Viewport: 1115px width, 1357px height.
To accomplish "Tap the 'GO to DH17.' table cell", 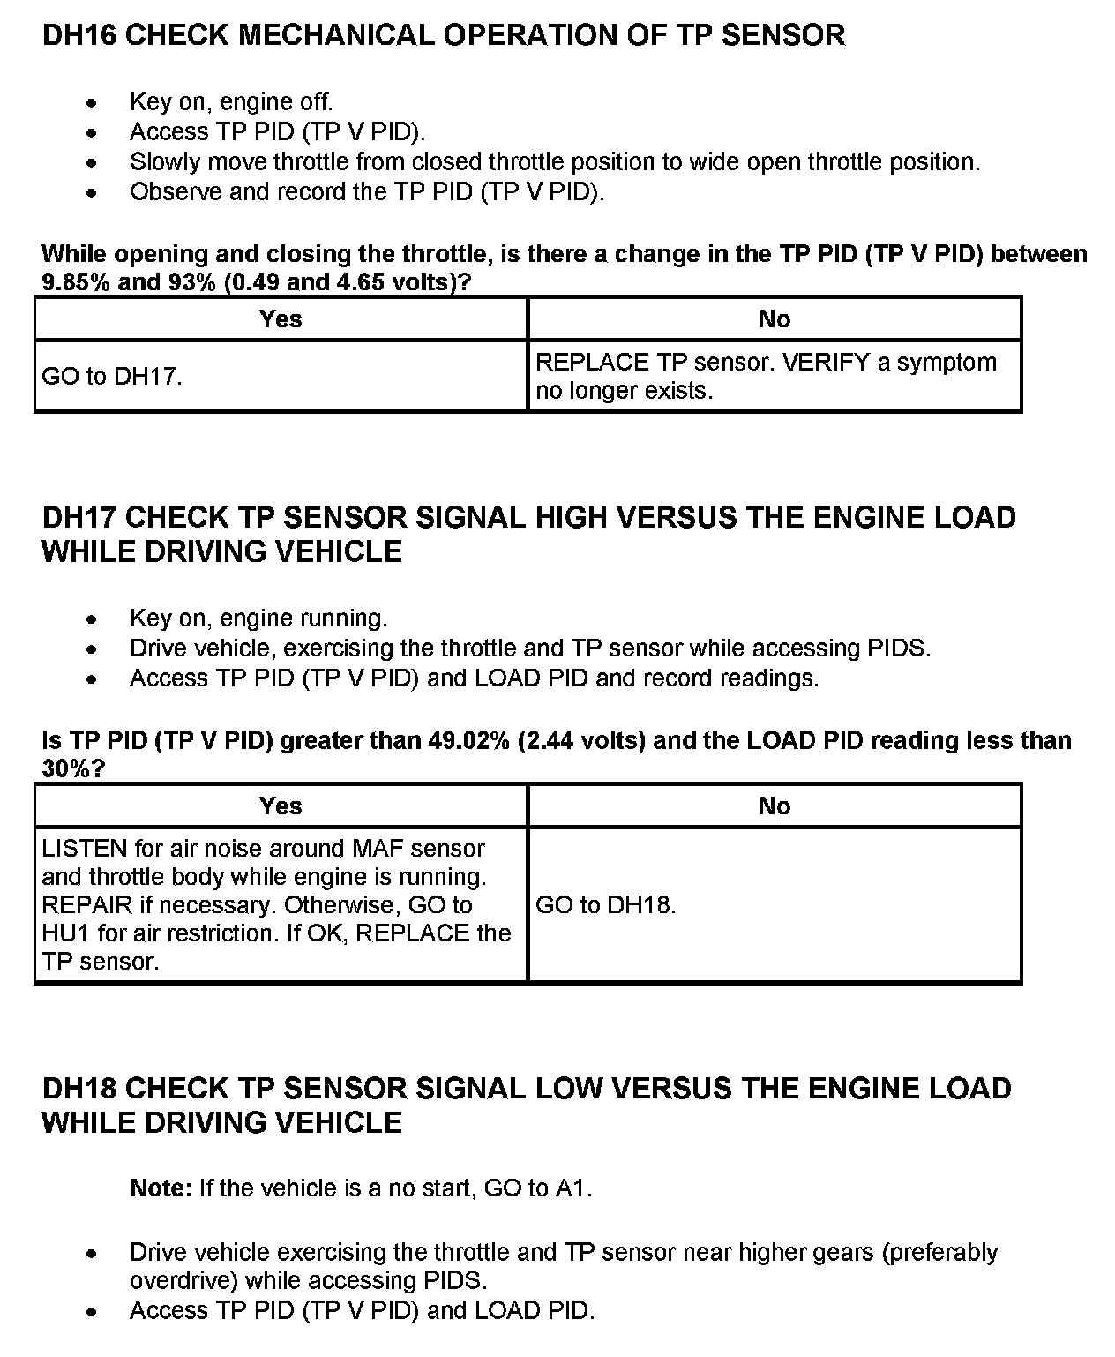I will pyautogui.click(x=112, y=377).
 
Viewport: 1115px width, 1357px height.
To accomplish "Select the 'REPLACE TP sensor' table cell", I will pyautogui.click(x=766, y=377).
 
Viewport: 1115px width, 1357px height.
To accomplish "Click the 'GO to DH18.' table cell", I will pyautogui.click(x=606, y=905).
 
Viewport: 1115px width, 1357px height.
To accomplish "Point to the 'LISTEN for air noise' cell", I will pyautogui.click(x=276, y=905).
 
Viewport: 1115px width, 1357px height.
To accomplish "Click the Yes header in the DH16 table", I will pyautogui.click(x=281, y=319).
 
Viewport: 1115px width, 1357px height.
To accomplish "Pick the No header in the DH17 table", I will pyautogui.click(x=775, y=806).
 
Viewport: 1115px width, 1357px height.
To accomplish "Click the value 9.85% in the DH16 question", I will pyautogui.click(x=77, y=283).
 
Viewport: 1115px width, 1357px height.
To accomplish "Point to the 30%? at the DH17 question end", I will pyautogui.click(x=73, y=768).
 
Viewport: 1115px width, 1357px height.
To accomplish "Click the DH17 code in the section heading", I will pyautogui.click(x=80, y=517).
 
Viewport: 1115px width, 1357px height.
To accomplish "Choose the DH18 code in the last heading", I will pyautogui.click(x=80, y=1089).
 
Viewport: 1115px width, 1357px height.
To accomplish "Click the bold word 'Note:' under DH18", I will pyautogui.click(x=161, y=1188).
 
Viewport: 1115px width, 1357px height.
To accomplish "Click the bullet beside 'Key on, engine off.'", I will pyautogui.click(x=93, y=103).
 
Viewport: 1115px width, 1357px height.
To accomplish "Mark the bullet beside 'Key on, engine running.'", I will pyautogui.click(x=93, y=619).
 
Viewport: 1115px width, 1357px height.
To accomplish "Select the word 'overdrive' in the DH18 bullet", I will pyautogui.click(x=183, y=1281).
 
